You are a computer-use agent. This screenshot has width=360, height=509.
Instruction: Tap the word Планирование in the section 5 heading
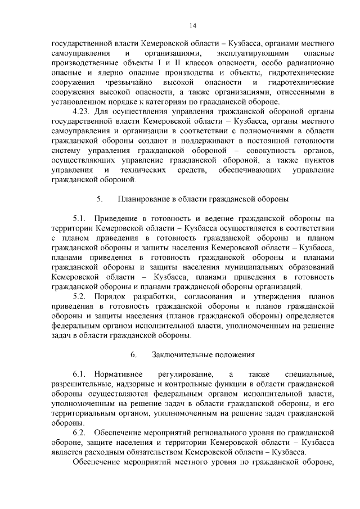coord(145,199)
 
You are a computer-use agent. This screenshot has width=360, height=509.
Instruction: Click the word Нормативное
coord(119,374)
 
